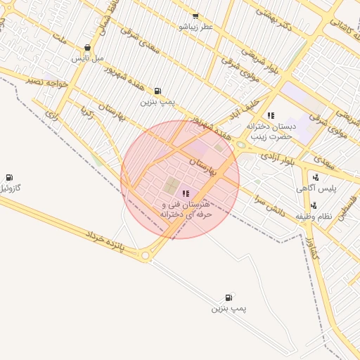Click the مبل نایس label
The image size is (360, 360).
(88, 58)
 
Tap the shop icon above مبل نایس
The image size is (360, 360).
(87, 48)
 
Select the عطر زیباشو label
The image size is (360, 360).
(195, 27)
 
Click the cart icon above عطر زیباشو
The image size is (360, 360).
(195, 16)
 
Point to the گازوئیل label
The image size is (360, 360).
(10, 188)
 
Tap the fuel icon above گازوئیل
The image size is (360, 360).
(9, 177)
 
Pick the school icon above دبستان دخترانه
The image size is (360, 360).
(271, 115)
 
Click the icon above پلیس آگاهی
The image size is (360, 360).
(316, 177)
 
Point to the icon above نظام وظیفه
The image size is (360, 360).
(314, 206)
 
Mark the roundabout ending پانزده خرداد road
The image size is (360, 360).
(146, 256)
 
